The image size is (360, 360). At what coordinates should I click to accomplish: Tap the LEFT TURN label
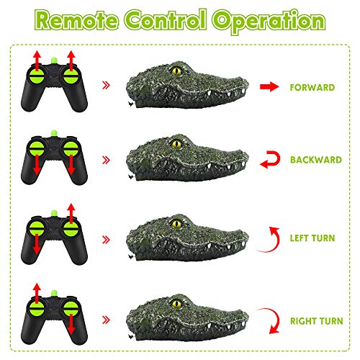click(x=310, y=235)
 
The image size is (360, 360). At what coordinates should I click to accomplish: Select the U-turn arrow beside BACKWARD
click(x=267, y=160)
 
